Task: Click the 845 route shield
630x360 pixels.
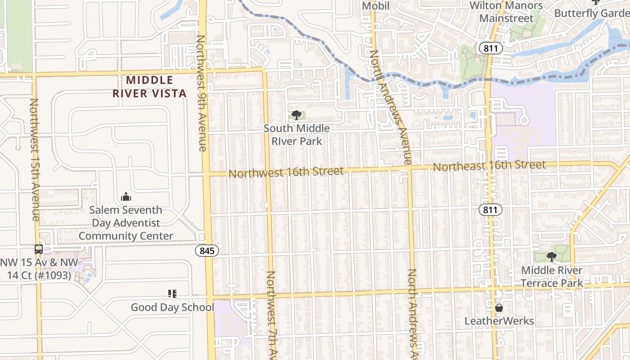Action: pos(207,251)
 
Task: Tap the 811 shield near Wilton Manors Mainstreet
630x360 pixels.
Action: pos(490,48)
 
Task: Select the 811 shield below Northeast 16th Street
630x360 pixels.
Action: pos(490,210)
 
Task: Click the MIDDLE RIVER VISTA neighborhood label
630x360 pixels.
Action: pos(149,87)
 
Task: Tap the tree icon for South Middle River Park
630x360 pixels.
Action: pos(296,116)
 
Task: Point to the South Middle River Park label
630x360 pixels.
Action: pos(297,135)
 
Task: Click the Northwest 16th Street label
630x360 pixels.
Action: pos(286,172)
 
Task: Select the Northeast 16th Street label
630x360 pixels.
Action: pos(489,166)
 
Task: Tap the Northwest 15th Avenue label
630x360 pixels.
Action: pos(35,160)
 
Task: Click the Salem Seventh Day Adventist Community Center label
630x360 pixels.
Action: pos(126,223)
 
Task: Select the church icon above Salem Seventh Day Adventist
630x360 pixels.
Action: pos(126,197)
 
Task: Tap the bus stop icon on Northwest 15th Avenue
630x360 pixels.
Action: pos(39,249)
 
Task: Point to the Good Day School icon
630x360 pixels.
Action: pos(172,294)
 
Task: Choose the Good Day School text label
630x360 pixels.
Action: pos(172,307)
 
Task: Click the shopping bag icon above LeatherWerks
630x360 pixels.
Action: pos(499,308)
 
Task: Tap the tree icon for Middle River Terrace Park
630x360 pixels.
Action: pos(551,257)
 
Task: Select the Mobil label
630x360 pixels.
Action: pos(376,6)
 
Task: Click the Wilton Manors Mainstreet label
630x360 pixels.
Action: pos(506,12)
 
